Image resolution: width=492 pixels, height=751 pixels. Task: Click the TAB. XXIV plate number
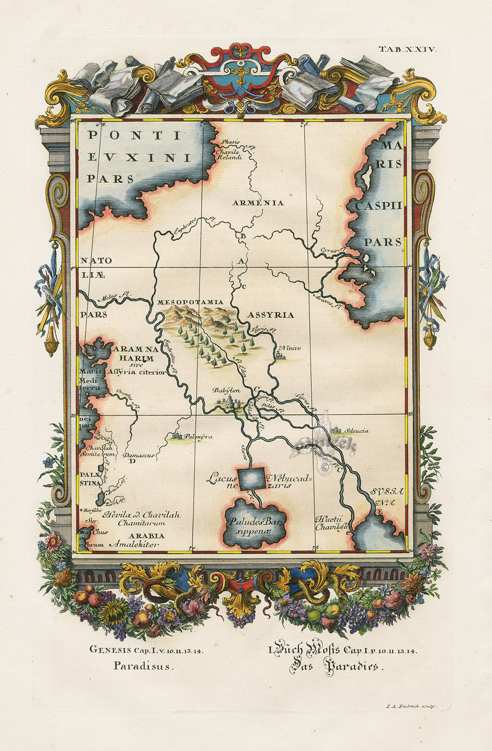[x=407, y=50]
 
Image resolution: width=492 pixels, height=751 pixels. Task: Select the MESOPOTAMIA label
[x=190, y=303]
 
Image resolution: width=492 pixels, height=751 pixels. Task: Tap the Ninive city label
[x=290, y=348]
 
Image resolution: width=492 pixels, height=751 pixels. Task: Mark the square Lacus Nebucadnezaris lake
[x=251, y=478]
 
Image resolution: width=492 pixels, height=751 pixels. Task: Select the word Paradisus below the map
[x=142, y=666]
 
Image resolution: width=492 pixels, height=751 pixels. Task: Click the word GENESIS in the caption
[x=108, y=650]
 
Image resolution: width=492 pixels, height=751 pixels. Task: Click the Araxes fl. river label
[x=327, y=302]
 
